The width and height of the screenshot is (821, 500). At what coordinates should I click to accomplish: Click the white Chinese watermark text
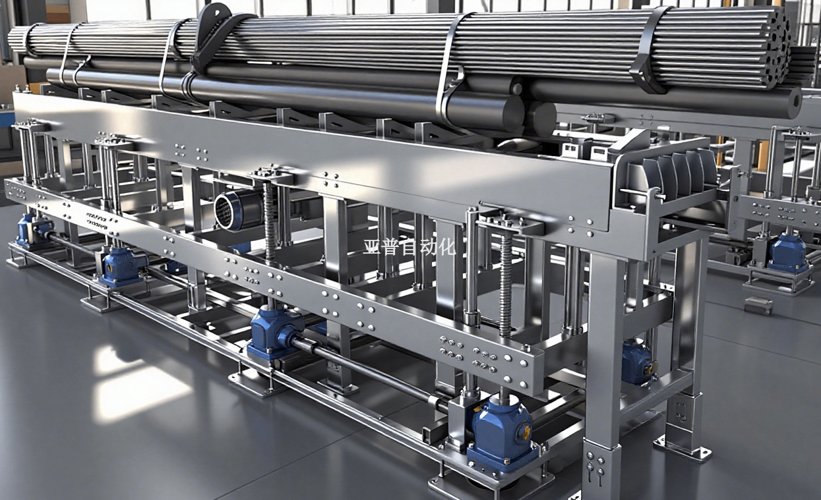pos(410,248)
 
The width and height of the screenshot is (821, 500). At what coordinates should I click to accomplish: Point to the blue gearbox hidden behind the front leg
pos(637,363)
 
